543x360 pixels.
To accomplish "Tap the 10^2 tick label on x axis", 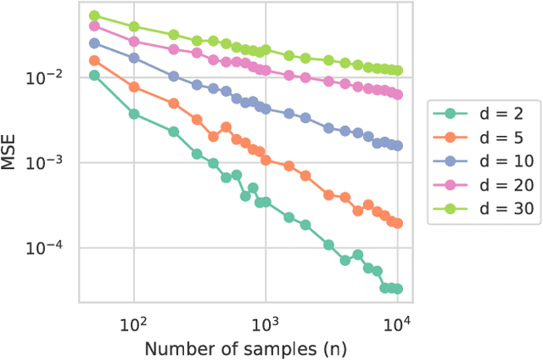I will pos(133,323).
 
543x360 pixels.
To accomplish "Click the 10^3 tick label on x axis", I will pos(266,323).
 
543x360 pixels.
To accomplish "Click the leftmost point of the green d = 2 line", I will pos(94,76).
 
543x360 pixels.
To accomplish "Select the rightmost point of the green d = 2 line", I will pos(397,289).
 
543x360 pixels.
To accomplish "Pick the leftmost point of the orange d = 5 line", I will pos(94,60).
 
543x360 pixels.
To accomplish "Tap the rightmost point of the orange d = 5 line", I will pos(397,223).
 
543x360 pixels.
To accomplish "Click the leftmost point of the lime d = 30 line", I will pos(94,16).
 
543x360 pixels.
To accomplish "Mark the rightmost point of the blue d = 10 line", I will pos(397,146).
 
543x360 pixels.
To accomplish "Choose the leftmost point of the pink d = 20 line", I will pos(94,26).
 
